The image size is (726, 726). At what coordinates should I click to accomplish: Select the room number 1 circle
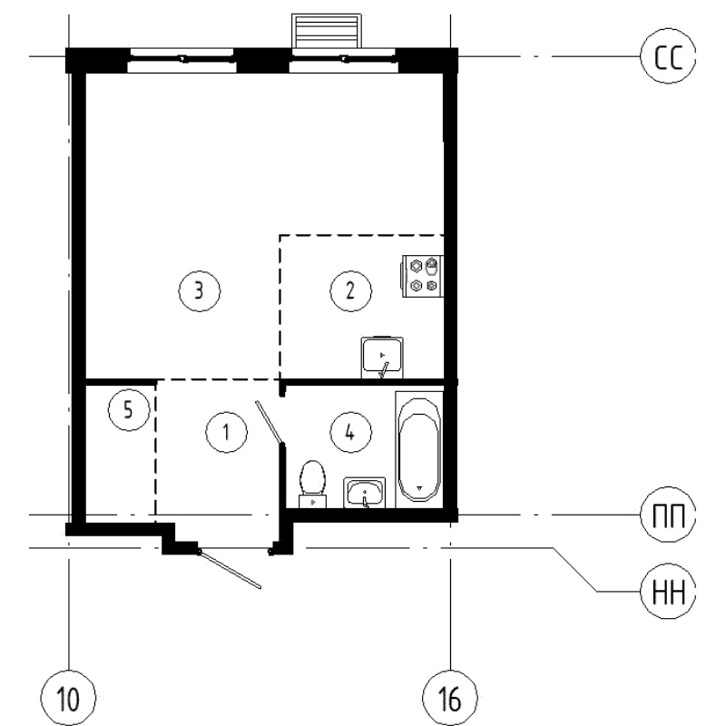226,433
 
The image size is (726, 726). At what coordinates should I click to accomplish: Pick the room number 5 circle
128,410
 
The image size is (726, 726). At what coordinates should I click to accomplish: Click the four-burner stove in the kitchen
424,275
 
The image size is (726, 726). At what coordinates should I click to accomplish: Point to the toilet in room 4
312,482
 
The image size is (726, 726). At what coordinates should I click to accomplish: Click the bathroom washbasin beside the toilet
365,493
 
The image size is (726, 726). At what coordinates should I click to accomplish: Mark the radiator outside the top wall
326,32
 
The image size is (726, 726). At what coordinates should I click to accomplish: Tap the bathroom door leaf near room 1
270,425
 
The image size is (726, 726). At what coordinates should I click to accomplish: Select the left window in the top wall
181,60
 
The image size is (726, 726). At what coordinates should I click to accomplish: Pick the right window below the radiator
343,60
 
